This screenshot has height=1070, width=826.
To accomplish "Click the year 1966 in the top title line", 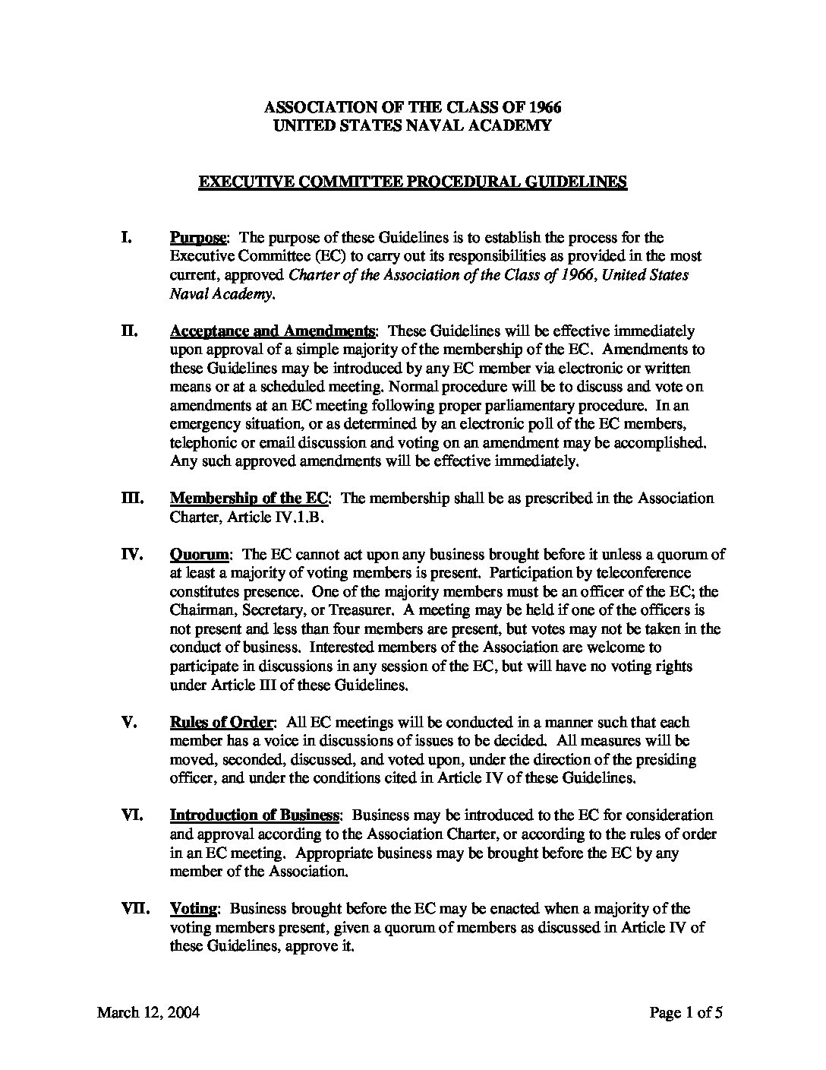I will [545, 107].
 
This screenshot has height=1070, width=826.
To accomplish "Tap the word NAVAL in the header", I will [449, 126].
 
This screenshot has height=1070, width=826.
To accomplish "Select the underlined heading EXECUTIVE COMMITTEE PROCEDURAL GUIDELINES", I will [412, 182].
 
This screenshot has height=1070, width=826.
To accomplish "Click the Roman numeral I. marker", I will [128, 237].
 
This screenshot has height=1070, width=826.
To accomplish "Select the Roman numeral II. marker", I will [129, 331].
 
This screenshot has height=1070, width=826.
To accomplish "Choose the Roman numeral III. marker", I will [132, 498].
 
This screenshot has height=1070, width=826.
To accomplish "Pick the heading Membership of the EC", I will [249, 498].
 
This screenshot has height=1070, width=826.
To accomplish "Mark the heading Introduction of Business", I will [254, 815].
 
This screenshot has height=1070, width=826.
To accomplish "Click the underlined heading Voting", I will [194, 908].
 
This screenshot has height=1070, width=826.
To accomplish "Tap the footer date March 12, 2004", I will [149, 1012].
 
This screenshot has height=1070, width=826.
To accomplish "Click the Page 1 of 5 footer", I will [690, 1012].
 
